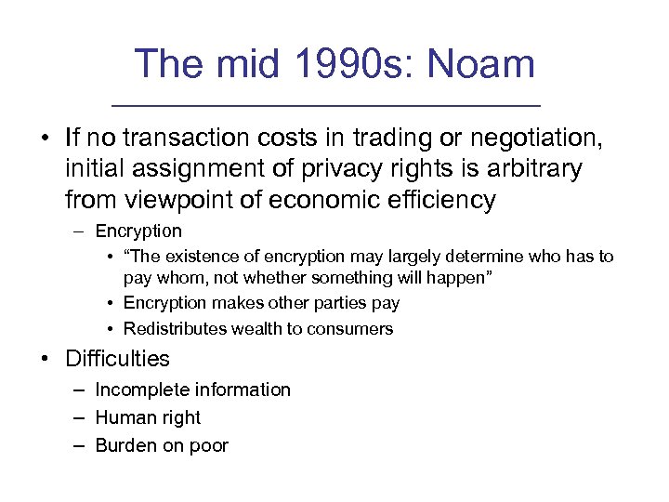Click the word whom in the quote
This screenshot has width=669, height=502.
coord(177,278)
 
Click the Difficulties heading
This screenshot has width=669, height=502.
coord(117,358)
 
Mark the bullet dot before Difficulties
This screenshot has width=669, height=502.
coord(44,359)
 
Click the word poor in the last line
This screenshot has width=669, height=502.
coord(209,445)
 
